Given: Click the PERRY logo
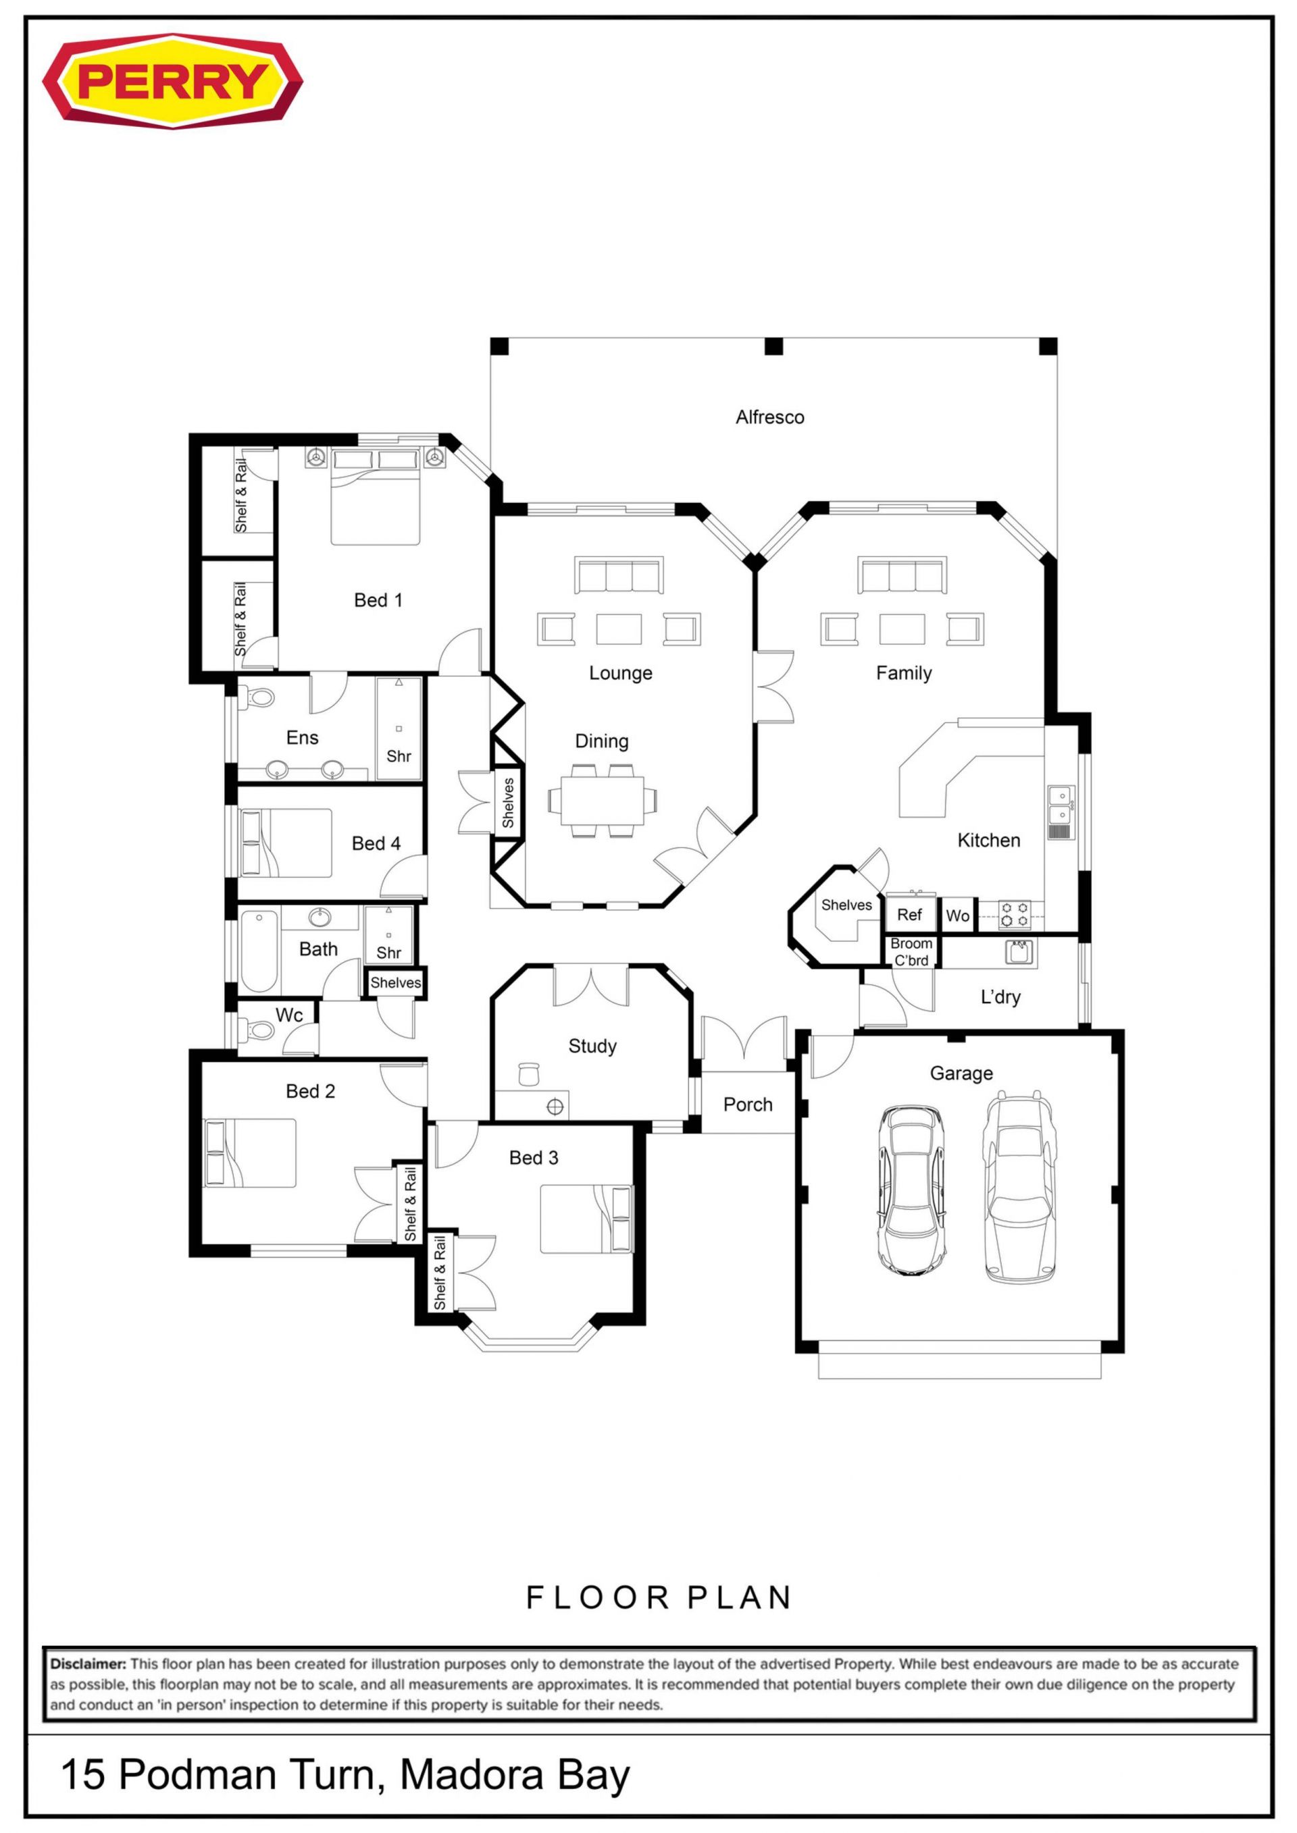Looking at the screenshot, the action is (172, 80).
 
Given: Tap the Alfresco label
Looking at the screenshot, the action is (770, 417).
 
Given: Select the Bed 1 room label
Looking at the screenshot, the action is (378, 600).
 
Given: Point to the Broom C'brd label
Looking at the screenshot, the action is (911, 952).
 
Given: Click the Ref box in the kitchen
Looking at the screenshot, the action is (910, 915).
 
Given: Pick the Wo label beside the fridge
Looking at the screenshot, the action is (958, 915).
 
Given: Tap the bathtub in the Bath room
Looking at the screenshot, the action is (259, 950).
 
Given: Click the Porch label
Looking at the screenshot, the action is (748, 1105).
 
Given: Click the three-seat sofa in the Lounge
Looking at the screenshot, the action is (619, 575).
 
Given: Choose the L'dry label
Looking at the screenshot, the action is (1000, 997).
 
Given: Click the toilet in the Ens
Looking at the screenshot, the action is (257, 697).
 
